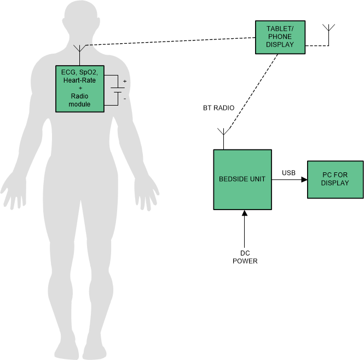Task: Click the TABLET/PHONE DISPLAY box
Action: click(280, 37)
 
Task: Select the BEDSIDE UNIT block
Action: click(242, 179)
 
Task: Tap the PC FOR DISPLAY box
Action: click(335, 179)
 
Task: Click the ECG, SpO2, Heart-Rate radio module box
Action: click(80, 89)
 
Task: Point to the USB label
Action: click(288, 173)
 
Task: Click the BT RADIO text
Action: click(218, 108)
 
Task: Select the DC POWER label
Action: click(245, 257)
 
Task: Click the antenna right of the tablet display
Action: click(329, 30)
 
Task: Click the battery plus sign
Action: click(124, 82)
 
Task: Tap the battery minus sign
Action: click(124, 98)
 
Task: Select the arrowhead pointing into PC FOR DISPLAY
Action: click(303, 179)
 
